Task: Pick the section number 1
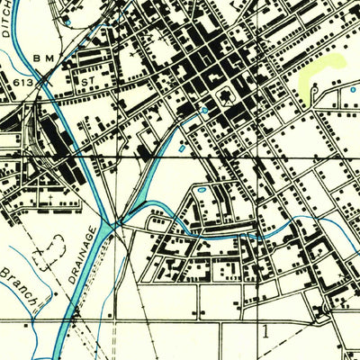265,329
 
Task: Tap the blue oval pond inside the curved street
200,191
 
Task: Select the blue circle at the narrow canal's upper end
205,110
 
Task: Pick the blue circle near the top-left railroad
67,19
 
